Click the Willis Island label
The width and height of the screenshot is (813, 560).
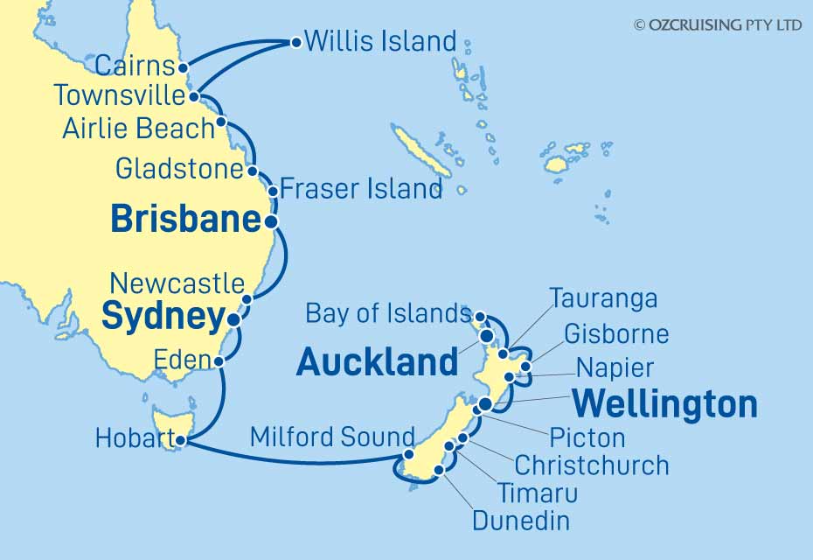tap(380, 41)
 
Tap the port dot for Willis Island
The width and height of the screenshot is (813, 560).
tap(296, 41)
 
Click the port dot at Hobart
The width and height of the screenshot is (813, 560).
tap(180, 442)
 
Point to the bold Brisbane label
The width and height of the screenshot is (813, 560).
tap(185, 220)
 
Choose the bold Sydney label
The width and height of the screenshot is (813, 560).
tap(163, 318)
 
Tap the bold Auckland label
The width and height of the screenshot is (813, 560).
tap(377, 361)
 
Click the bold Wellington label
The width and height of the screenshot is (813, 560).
tap(664, 404)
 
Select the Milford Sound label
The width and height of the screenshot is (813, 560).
tap(332, 436)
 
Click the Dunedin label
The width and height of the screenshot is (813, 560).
tap(521, 521)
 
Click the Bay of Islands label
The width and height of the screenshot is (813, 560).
tap(388, 312)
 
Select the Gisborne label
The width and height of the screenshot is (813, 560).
tap(616, 333)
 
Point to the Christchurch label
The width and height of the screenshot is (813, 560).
tap(592, 465)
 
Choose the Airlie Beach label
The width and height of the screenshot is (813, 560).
tap(138, 129)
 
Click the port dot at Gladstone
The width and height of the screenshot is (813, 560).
tap(252, 170)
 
